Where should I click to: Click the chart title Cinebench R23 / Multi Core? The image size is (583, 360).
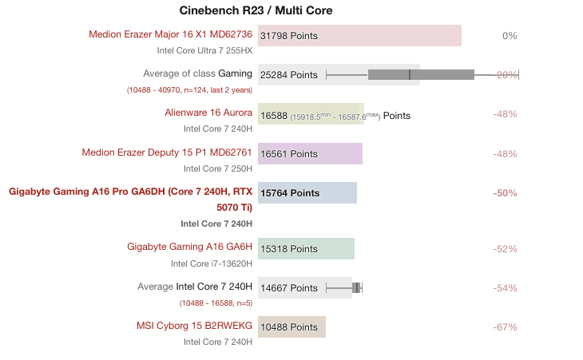point(256,10)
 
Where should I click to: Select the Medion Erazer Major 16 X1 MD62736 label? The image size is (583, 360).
point(170,34)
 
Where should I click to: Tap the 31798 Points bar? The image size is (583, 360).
point(359,36)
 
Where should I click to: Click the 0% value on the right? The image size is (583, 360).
point(510,36)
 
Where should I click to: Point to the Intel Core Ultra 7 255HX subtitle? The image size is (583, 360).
point(204,50)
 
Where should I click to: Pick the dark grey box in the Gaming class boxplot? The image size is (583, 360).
point(421,75)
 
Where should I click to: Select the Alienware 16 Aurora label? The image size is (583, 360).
point(208,113)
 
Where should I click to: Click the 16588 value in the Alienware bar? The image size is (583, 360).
point(274,115)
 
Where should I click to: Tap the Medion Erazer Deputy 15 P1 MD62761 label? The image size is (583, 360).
point(167,152)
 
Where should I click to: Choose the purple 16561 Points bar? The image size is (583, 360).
point(311,154)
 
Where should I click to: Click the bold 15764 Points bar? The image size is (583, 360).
point(308,193)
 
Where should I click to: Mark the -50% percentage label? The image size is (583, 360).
point(506,193)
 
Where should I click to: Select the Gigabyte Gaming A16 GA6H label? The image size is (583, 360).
point(189,247)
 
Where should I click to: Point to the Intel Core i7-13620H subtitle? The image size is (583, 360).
point(212,263)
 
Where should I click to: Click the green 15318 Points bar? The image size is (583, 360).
point(307,248)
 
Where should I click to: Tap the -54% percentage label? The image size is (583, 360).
point(506,287)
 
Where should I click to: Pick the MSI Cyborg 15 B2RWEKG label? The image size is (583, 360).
point(194,326)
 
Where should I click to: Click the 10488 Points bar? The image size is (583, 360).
point(292,327)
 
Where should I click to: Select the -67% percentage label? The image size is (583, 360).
point(506,327)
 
